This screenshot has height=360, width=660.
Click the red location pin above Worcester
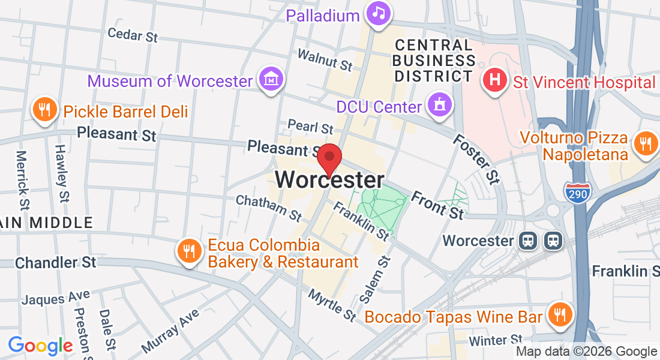[x=329, y=158]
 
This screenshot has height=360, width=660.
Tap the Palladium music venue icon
[x=379, y=13]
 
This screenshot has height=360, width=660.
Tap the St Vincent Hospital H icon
[x=495, y=80]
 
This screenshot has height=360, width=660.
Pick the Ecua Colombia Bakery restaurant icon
[x=190, y=250]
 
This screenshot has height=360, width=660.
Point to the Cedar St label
[x=133, y=34]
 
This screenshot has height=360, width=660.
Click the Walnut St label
[x=325, y=59]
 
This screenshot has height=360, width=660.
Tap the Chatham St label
[x=269, y=207]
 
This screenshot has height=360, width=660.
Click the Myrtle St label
[x=332, y=304]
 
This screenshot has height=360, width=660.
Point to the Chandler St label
[x=55, y=262]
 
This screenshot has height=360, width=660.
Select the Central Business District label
[x=434, y=61]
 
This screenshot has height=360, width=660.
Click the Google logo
[x=40, y=346]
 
